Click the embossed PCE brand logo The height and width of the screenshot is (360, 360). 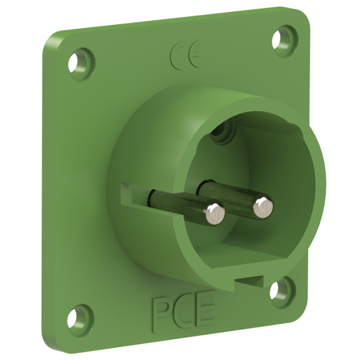[x=183, y=310]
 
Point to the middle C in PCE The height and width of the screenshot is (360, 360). [x=183, y=310]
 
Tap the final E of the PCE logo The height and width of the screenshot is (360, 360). [x=204, y=309]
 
